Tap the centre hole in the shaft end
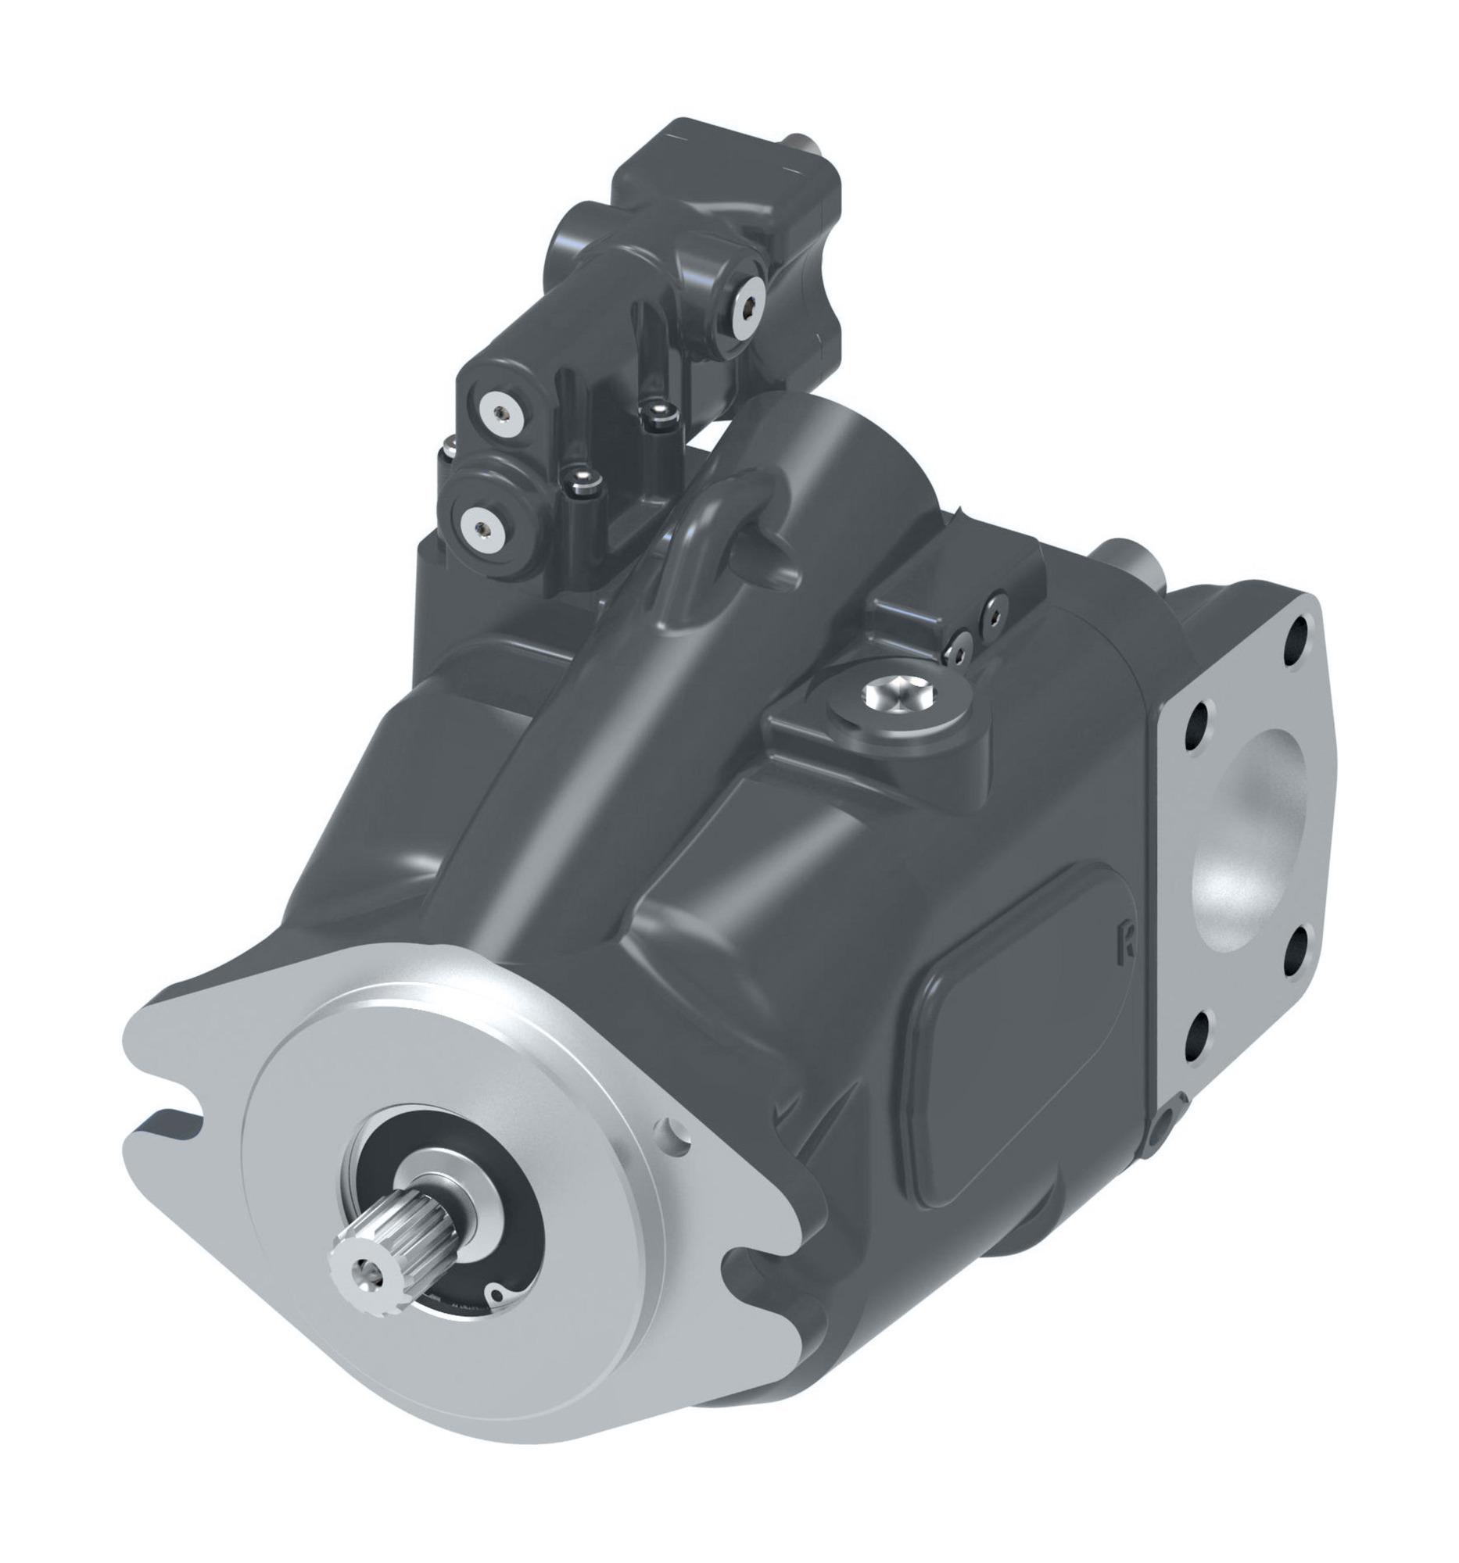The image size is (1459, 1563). (x=364, y=1267)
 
